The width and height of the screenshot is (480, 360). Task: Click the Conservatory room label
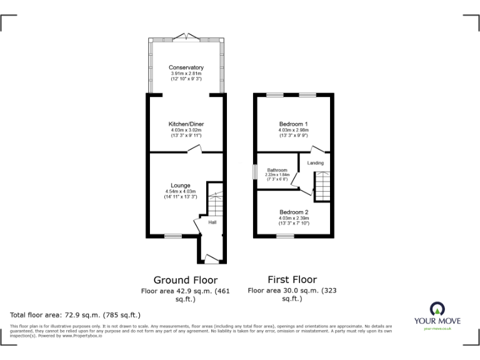[186, 67]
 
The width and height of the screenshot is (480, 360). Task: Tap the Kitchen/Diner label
[186, 124]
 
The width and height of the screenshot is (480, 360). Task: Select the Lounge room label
[181, 185]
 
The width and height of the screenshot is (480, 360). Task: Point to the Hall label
[212, 222]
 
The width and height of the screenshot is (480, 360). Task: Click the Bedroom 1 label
[293, 124]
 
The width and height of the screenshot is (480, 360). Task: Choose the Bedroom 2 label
[293, 211]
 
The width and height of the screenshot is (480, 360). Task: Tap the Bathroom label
[277, 170]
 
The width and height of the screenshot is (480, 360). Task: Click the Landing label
[316, 163]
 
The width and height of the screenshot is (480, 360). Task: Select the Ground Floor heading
[186, 280]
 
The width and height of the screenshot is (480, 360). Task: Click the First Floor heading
[292, 279]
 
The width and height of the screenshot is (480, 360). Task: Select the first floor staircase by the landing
[321, 186]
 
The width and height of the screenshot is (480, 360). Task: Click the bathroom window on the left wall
[254, 171]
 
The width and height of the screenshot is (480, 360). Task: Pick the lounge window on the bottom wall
[173, 236]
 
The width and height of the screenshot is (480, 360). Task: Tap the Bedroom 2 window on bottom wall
[285, 236]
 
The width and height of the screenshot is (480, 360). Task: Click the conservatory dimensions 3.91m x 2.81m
[186, 74]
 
